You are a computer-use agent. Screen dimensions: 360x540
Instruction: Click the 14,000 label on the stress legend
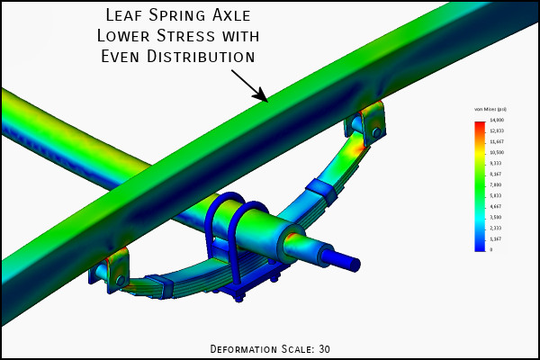tap(497, 120)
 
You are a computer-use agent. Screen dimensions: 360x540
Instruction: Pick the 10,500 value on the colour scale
tap(497, 152)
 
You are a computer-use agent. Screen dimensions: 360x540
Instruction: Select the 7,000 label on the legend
tap(497, 184)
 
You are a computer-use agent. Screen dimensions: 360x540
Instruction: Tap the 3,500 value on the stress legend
tap(497, 217)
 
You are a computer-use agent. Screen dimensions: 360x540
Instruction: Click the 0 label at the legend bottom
tap(491, 249)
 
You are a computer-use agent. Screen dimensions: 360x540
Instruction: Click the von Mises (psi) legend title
tap(490, 109)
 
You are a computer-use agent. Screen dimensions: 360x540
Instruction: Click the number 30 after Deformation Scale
tap(325, 348)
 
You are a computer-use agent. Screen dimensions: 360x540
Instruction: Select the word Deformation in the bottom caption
tap(247, 348)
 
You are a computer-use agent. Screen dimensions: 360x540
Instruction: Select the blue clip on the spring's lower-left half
tap(161, 287)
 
